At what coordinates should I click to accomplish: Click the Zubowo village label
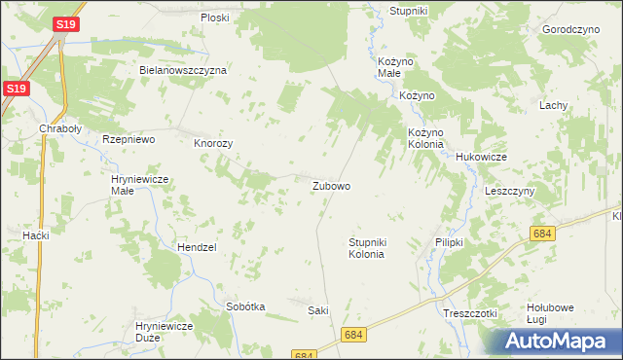331,185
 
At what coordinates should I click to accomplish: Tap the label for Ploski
214,18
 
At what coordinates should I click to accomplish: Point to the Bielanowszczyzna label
183,70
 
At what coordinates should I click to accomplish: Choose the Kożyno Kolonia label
425,137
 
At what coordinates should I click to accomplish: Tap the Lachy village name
554,105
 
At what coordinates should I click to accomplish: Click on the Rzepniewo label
129,140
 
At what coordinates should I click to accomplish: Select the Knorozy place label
213,142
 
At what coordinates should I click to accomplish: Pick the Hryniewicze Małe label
141,184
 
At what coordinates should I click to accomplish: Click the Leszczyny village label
510,191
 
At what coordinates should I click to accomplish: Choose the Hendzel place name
196,247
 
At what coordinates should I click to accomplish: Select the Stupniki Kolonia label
366,247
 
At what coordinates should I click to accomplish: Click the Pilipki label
449,241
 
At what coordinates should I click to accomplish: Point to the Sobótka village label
245,306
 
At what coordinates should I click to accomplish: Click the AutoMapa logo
560,341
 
